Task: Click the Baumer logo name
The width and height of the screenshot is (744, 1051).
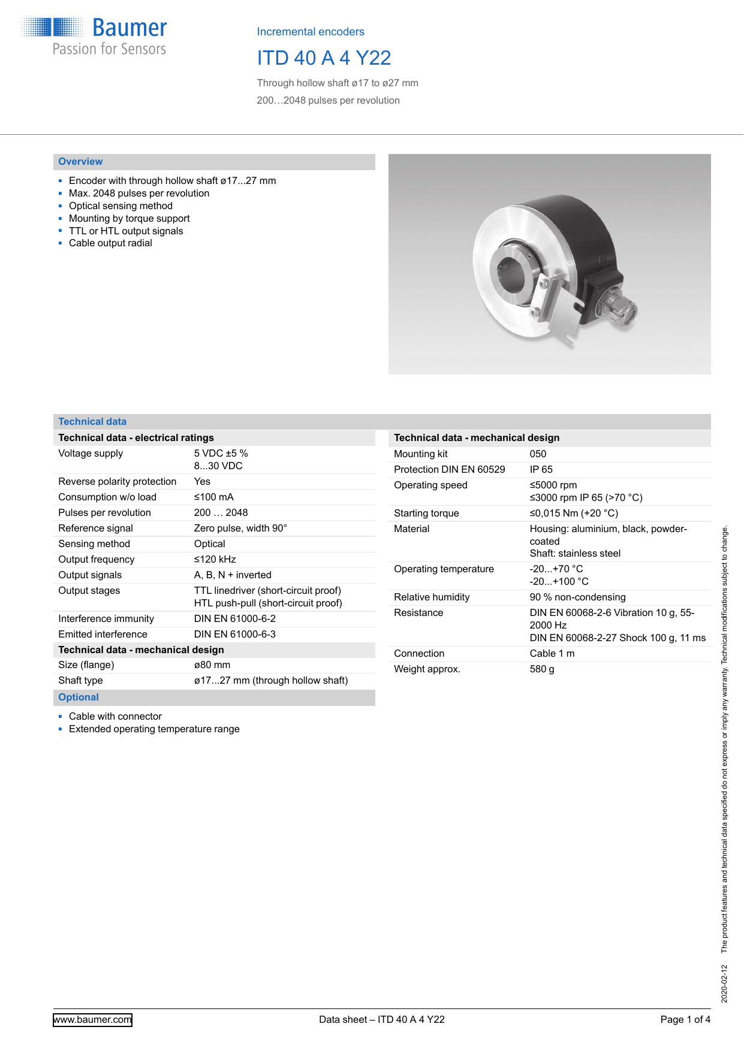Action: pyautogui.click(x=129, y=28)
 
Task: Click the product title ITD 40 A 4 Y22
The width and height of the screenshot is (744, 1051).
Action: pyautogui.click(x=324, y=58)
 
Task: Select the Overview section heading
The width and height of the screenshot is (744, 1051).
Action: pyautogui.click(x=80, y=162)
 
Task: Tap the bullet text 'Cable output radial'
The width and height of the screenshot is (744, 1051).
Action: pyautogui.click(x=110, y=243)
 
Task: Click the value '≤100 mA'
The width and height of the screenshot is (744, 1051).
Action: pyautogui.click(x=213, y=497)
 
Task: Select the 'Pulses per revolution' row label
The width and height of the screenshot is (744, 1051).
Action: pyautogui.click(x=104, y=513)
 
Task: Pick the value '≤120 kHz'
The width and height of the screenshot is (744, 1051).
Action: pyautogui.click(x=215, y=560)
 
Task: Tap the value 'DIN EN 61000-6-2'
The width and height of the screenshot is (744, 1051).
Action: pyautogui.click(x=234, y=619)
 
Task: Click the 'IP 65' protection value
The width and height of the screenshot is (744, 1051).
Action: pyautogui.click(x=541, y=470)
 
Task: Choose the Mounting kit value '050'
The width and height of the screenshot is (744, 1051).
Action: pyautogui.click(x=538, y=454)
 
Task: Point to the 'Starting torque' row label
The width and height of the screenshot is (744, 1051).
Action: pyautogui.click(x=426, y=514)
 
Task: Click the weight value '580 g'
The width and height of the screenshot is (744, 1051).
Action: pyautogui.click(x=541, y=669)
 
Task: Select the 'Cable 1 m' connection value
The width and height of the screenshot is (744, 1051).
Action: pyautogui.click(x=552, y=654)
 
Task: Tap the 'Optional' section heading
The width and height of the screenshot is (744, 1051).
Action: pyautogui.click(x=79, y=697)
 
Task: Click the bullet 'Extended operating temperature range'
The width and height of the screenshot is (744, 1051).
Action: pyautogui.click(x=154, y=729)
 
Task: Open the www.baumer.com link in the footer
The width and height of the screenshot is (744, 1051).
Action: pyautogui.click(x=92, y=1020)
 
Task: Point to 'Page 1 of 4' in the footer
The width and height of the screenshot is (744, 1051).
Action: pyautogui.click(x=685, y=1020)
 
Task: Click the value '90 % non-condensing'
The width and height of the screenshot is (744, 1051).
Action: pyautogui.click(x=577, y=597)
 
